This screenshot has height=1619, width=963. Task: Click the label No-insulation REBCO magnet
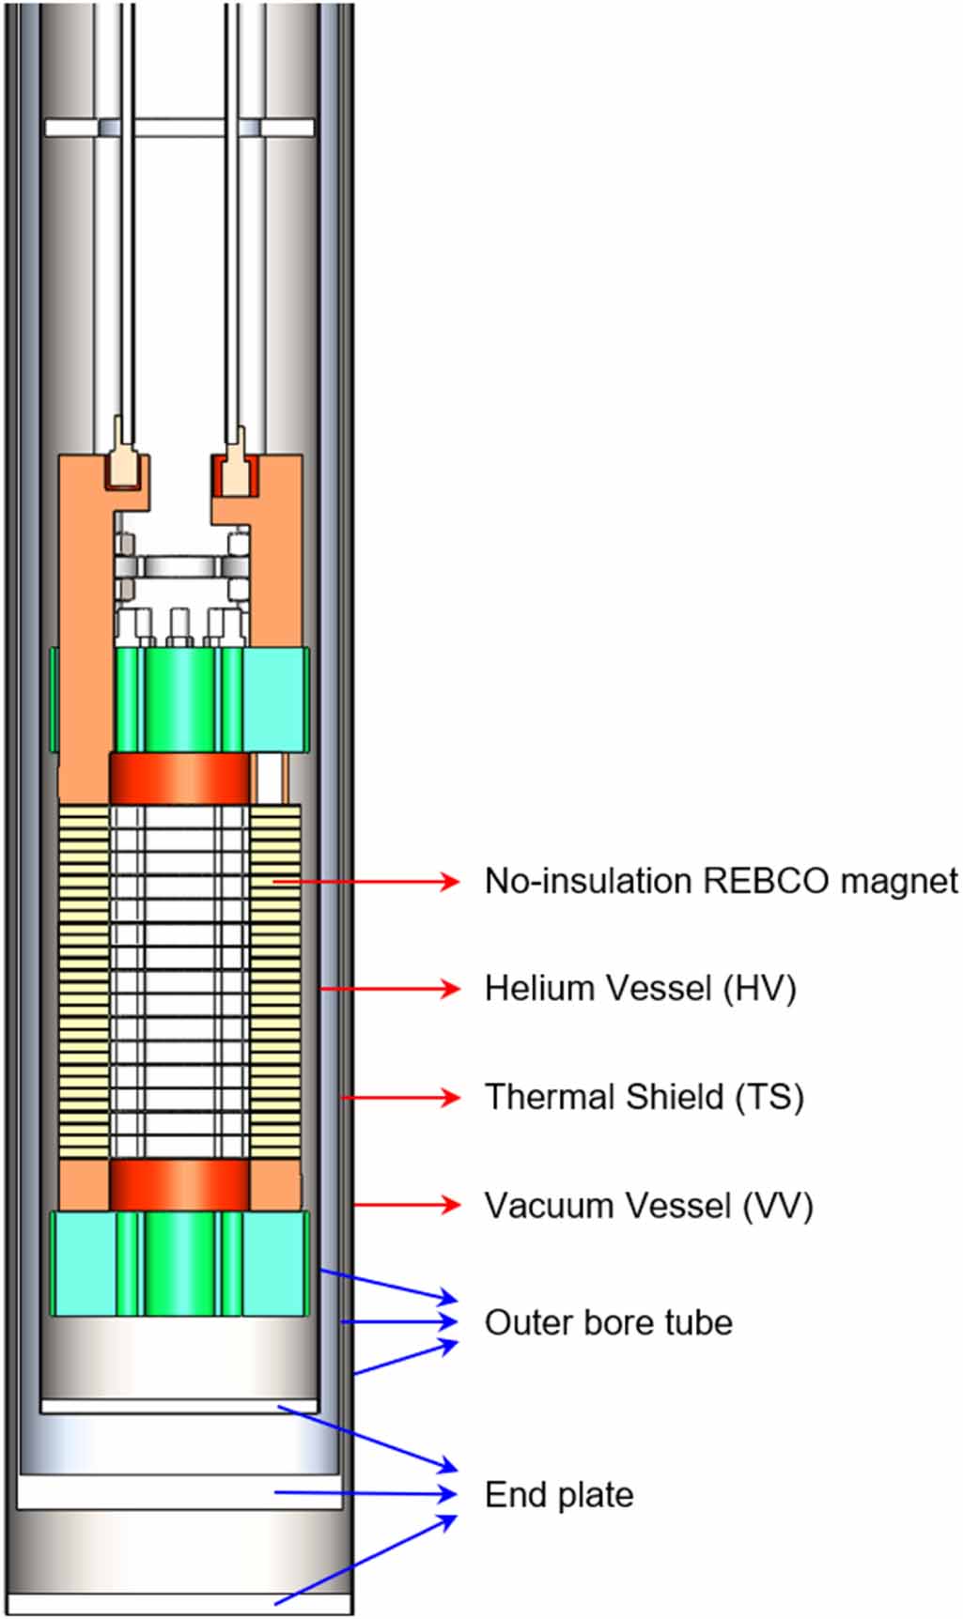click(720, 882)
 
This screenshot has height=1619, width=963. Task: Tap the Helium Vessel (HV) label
click(640, 989)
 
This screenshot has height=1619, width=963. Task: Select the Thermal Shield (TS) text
click(644, 1097)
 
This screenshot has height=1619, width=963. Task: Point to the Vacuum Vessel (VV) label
click(648, 1206)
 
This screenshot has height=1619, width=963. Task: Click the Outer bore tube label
click(608, 1322)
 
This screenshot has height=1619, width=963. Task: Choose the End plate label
click(559, 1494)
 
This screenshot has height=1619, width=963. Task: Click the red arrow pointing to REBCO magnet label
click(366, 881)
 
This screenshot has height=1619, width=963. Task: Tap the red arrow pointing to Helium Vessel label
click(390, 989)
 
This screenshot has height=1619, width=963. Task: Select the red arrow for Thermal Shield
click(399, 1097)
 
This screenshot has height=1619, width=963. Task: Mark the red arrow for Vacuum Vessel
click(407, 1205)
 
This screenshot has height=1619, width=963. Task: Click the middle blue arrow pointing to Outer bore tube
click(399, 1321)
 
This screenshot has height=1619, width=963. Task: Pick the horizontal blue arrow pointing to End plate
click(366, 1493)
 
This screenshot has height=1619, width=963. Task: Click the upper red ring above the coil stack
click(180, 778)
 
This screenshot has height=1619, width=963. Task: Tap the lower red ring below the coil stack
click(180, 1184)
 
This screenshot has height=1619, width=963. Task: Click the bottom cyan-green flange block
click(180, 1262)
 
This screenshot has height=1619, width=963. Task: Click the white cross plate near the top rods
click(179, 128)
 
